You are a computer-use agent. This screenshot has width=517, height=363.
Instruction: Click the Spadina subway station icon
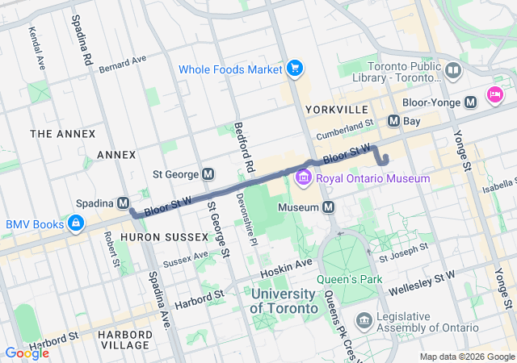pyautogui.click(x=124, y=202)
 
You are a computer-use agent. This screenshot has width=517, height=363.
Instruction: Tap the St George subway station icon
pyautogui.click(x=208, y=173)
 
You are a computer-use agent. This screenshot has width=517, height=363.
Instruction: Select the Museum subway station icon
pyautogui.click(x=329, y=208)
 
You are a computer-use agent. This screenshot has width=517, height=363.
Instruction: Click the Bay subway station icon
pyautogui.click(x=393, y=121)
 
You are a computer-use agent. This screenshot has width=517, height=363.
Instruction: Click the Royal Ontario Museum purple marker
pyautogui.click(x=304, y=177)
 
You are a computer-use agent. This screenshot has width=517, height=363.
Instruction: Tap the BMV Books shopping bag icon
pyautogui.click(x=75, y=223)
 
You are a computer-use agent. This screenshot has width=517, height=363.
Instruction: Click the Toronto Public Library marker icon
pyautogui.click(x=453, y=71)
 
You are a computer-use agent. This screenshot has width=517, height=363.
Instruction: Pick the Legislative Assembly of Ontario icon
pyautogui.click(x=364, y=322)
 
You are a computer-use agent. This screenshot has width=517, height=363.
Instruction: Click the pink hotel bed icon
pyautogui.click(x=494, y=95)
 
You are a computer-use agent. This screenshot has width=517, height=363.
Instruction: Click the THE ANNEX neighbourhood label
pyautogui.click(x=62, y=133)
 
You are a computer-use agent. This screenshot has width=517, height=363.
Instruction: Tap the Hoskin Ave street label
pyautogui.click(x=287, y=264)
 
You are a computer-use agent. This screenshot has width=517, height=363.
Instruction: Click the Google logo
pyautogui.click(x=27, y=353)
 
